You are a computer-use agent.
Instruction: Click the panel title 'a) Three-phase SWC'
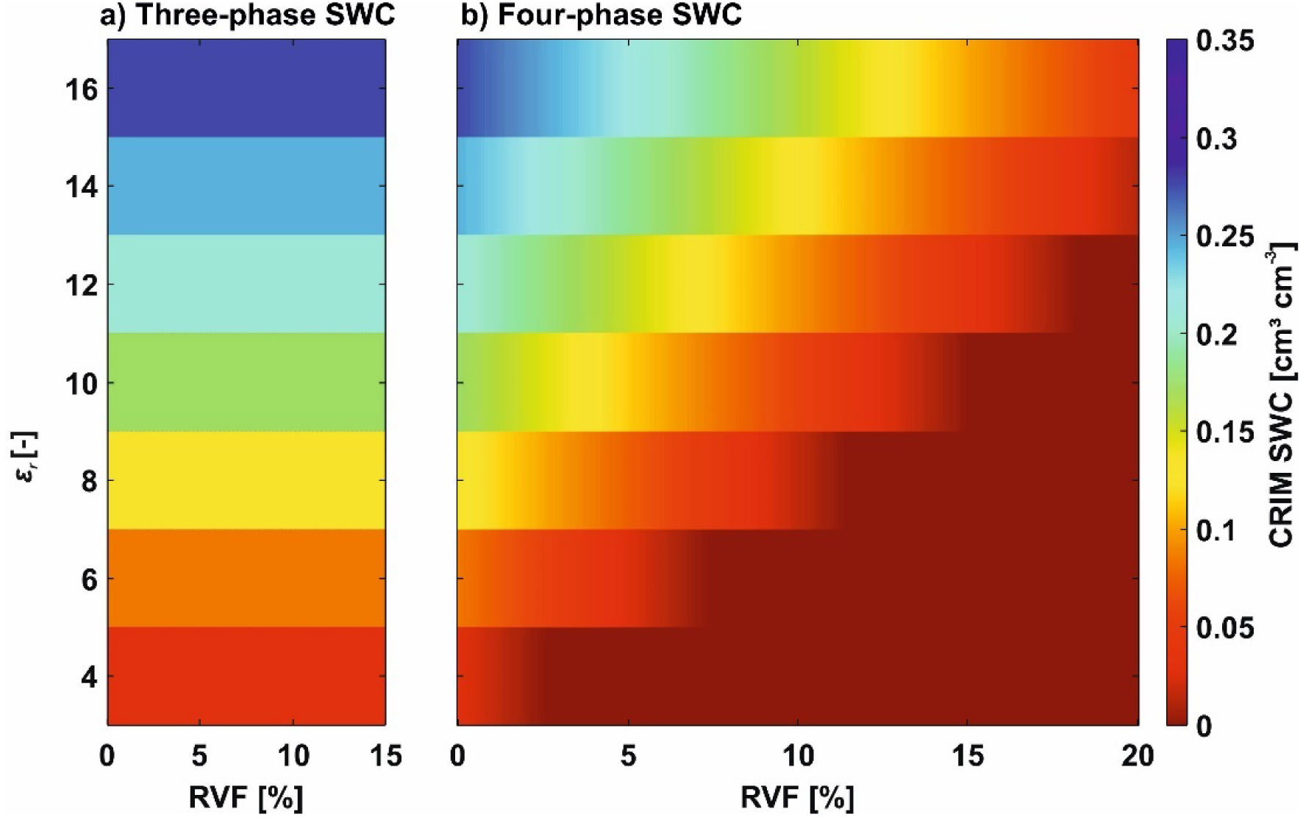point(247,15)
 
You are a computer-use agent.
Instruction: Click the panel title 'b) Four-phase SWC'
point(601,15)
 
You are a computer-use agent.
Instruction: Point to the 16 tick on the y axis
point(81,90)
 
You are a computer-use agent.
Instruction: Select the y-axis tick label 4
point(88,677)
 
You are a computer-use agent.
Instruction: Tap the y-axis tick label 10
point(81,383)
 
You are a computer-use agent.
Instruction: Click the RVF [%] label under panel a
point(246,797)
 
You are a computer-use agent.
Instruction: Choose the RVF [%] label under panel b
point(797,797)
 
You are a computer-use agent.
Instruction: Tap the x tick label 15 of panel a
point(385,756)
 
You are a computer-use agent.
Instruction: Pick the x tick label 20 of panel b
point(1137,756)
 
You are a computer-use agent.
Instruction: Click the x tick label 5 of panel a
point(199,756)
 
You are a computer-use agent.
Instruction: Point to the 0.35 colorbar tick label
point(1225,41)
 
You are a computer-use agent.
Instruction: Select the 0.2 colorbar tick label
point(1216,335)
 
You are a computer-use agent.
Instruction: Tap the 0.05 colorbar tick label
point(1225,628)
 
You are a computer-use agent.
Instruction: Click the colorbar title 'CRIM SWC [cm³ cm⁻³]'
point(1281,397)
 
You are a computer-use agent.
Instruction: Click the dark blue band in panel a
point(246,88)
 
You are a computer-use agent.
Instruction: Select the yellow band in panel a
point(246,480)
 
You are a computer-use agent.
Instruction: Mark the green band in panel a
point(246,382)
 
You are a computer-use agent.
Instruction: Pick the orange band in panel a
point(246,578)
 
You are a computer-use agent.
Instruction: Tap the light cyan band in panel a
point(246,284)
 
